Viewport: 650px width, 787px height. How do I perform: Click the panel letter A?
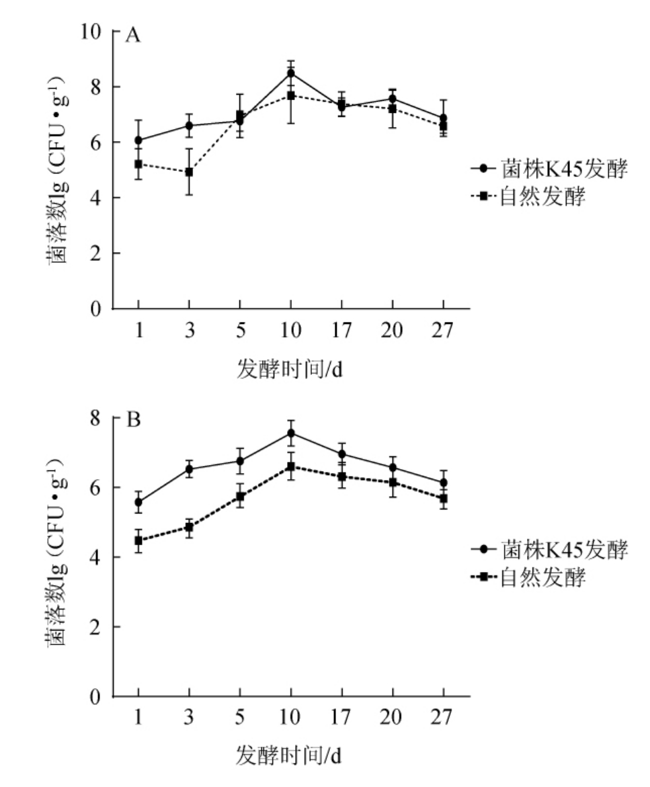click(133, 36)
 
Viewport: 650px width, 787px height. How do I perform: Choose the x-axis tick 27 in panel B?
click(443, 718)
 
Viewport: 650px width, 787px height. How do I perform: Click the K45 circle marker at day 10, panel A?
click(290, 73)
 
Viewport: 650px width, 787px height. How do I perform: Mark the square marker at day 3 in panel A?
click(189, 172)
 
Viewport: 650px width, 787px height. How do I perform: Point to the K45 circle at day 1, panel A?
click(138, 140)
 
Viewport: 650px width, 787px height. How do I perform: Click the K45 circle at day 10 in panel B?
click(290, 433)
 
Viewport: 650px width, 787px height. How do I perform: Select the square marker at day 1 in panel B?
click(138, 540)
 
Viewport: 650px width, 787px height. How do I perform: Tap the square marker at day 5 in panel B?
click(239, 497)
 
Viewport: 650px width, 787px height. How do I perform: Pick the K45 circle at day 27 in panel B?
click(443, 483)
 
